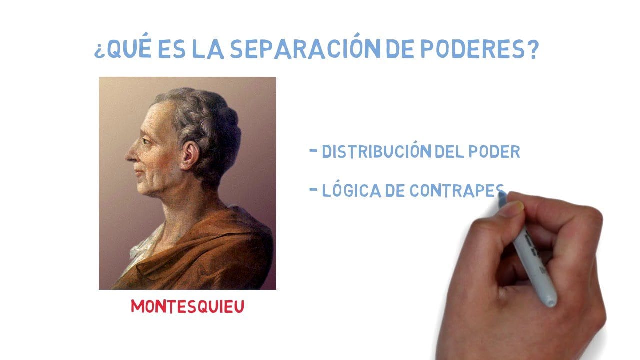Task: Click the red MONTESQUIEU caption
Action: pyautogui.click(x=187, y=306)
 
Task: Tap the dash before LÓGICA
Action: pyautogui.click(x=314, y=189)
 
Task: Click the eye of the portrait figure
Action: pyautogui.click(x=146, y=142)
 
